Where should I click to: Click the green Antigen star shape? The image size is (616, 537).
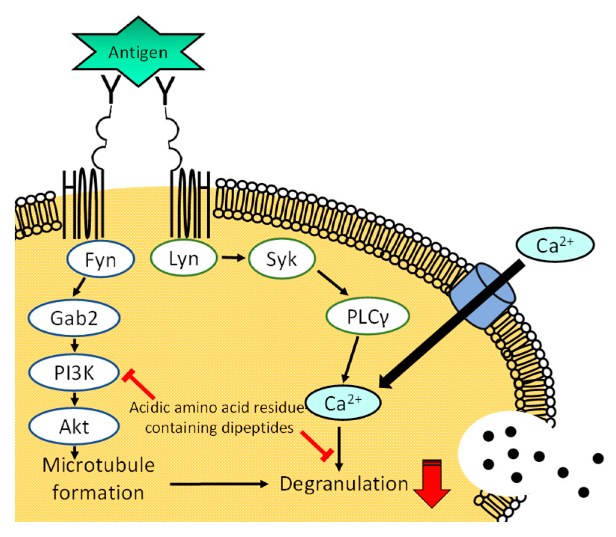tap(138, 52)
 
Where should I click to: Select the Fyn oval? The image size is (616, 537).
tap(100, 259)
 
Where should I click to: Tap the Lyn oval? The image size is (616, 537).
tap(183, 258)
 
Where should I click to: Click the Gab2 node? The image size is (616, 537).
tap(74, 318)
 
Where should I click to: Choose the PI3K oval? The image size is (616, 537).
tap(74, 372)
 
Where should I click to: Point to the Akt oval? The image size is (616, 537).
tap(74, 427)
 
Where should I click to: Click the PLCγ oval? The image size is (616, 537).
tap(368, 316)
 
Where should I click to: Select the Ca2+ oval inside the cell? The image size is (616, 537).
tap(343, 403)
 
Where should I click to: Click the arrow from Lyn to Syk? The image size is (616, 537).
tap(233, 258)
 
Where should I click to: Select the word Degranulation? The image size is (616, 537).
tap(344, 484)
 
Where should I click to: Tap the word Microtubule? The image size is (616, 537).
tap(98, 465)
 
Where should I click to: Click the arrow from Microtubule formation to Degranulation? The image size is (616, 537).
tap(219, 484)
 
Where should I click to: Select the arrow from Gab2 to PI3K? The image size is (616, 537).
tap(74, 345)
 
